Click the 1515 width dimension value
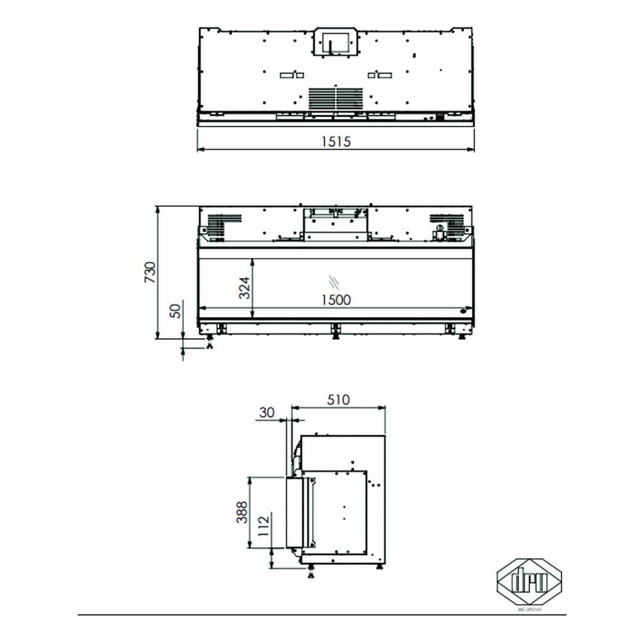[x=336, y=141]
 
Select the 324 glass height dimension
[x=244, y=288]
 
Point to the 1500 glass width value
[x=336, y=299]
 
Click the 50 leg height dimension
[x=176, y=312]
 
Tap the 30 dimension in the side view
[x=267, y=413]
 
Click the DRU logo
[x=529, y=579]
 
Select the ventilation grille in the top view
[x=335, y=99]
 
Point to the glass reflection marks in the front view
[x=334, y=281]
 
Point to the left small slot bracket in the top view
[x=291, y=75]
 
